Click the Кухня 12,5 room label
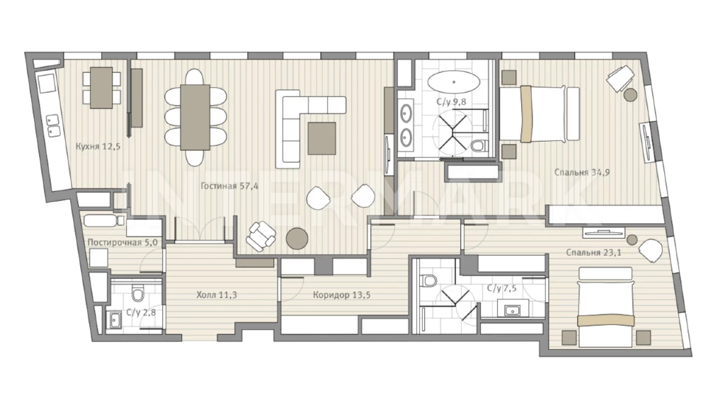click(98, 147)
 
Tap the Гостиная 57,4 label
click(229, 186)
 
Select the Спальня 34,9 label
click(582, 172)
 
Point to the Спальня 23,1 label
click(593, 252)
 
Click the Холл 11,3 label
click(217, 295)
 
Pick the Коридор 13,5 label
click(341, 295)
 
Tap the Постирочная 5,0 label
click(122, 242)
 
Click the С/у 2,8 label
click(141, 312)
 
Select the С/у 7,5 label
click(502, 288)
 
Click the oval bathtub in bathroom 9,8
click(453, 82)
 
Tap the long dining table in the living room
click(195, 117)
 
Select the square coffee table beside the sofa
click(322, 138)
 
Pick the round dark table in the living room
click(297, 239)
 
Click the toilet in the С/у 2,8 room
click(138, 292)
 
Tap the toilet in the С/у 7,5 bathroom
click(430, 281)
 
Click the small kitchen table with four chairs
click(101, 88)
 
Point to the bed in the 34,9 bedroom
click(539, 114)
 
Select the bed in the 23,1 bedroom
click(605, 307)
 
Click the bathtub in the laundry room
click(103, 220)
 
